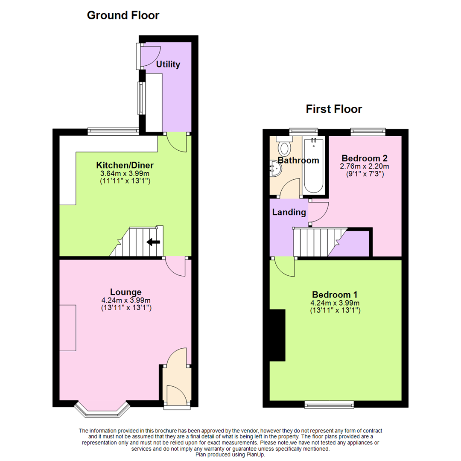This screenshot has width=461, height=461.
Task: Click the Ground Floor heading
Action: coord(123,16)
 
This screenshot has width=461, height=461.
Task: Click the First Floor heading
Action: coord(334,109)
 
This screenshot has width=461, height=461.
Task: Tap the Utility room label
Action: coord(168,65)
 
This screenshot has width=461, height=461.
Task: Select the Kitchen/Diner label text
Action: coord(125,165)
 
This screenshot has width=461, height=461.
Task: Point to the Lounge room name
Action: coord(125,292)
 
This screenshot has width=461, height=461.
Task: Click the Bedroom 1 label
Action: coord(335,295)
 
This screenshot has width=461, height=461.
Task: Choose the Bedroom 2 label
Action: coord(364,157)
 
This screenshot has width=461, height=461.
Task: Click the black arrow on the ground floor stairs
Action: coord(153,242)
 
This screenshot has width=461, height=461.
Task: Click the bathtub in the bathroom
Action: coord(314,166)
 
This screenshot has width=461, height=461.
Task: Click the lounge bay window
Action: coord(102,409)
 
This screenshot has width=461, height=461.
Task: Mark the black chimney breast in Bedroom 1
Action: coord(277,336)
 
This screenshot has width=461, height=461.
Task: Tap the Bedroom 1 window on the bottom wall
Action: coord(329,404)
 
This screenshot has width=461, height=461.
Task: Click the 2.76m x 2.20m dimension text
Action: coord(364,166)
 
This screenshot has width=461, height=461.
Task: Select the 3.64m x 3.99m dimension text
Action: coord(125,174)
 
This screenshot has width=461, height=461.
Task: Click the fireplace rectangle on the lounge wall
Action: coord(68,327)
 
